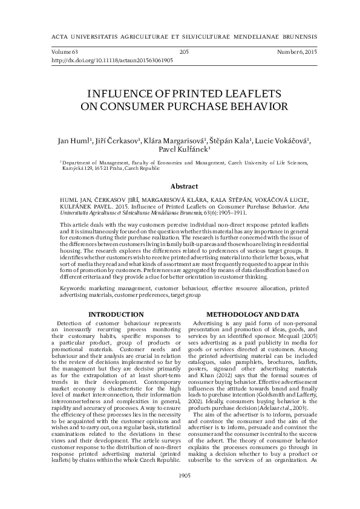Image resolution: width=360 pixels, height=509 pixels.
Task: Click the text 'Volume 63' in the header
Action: tap(66, 53)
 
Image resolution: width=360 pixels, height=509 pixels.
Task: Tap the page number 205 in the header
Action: tap(185, 53)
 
